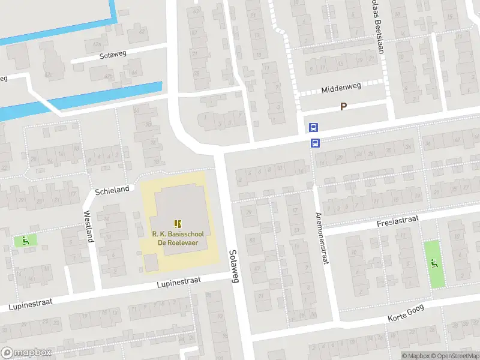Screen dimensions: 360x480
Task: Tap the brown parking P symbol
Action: click(x=344, y=107)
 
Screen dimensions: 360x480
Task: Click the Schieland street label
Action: click(x=112, y=190)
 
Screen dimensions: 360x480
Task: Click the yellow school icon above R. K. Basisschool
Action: click(x=178, y=223)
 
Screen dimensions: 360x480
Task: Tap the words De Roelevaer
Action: click(x=178, y=242)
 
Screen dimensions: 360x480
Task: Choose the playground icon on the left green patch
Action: click(x=25, y=241)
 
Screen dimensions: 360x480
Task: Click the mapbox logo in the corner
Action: click(x=26, y=353)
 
